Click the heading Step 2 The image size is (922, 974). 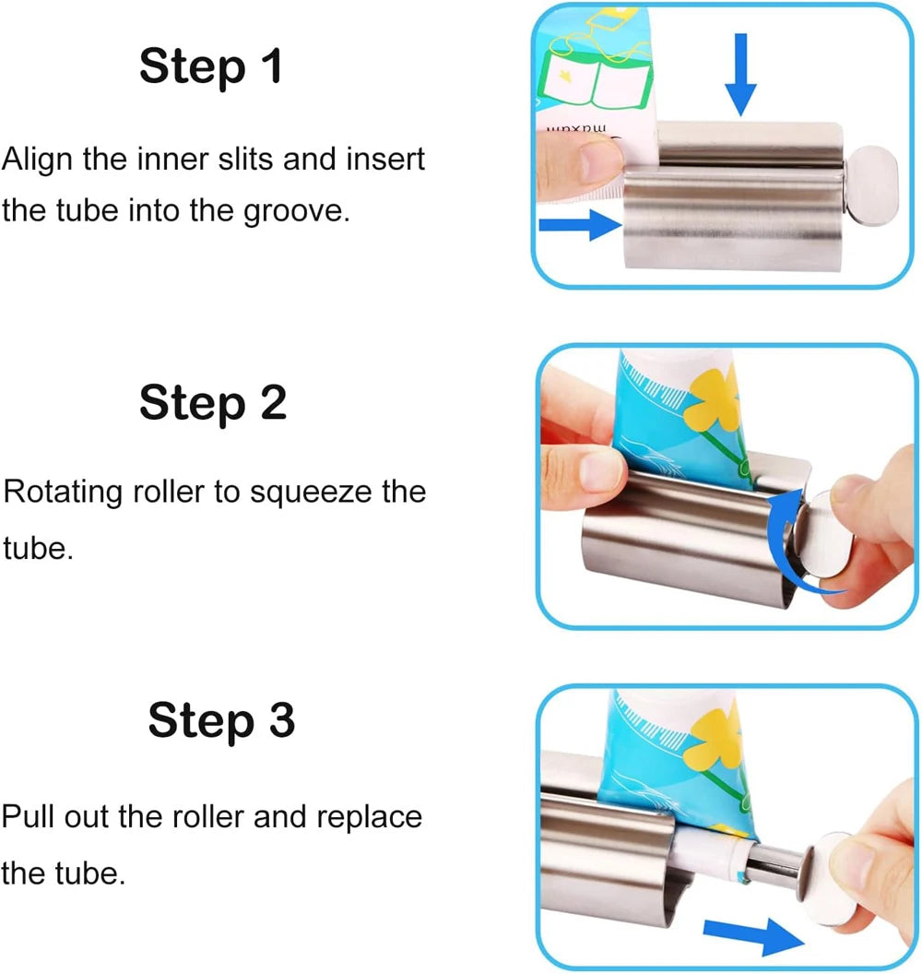coord(212,403)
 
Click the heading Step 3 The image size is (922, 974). coord(221,721)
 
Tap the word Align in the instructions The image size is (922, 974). coord(38,160)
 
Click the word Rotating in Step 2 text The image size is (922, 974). coord(63,492)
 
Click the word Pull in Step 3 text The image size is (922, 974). coord(27,817)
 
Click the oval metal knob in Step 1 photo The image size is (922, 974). coord(871,188)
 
